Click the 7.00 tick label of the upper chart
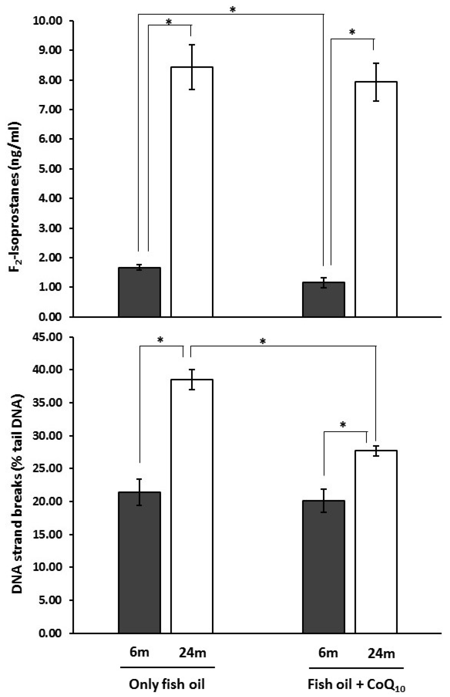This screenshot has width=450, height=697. (50, 110)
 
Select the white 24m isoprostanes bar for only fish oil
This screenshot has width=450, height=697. (192, 193)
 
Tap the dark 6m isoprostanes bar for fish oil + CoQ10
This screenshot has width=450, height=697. (324, 299)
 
